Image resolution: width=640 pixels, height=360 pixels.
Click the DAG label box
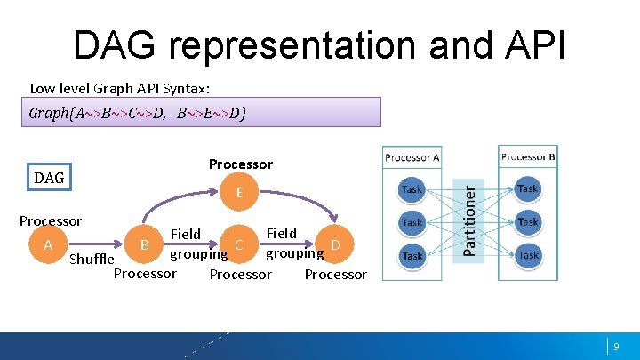49,178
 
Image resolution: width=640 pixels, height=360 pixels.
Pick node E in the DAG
240,191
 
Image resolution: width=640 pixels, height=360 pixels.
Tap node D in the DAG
335,244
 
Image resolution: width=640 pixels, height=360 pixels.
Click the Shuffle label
92,259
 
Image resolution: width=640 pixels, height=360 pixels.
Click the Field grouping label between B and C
197,244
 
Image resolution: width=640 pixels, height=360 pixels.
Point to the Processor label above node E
241,164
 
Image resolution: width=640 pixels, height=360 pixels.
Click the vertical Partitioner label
468,218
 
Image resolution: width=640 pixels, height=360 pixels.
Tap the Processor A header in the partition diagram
412,157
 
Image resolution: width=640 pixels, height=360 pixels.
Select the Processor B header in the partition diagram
528,157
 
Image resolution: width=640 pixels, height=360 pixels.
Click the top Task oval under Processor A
412,189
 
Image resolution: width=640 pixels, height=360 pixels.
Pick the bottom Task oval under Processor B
528,255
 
